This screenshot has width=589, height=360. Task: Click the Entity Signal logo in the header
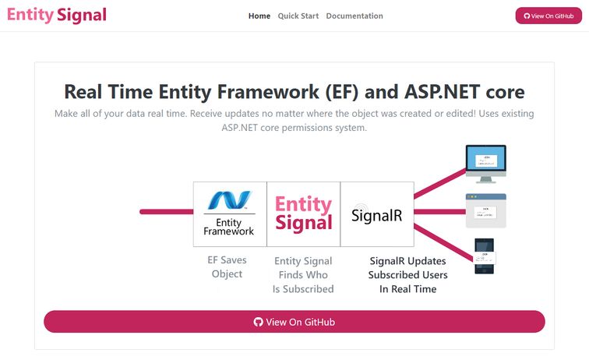coord(56,15)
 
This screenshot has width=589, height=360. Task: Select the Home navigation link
coord(259,16)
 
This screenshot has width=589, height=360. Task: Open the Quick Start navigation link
coord(298,16)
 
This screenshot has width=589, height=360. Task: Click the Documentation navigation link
coord(354,16)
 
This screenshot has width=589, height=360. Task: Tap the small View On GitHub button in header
coord(548,16)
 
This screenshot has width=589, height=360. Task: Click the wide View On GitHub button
coord(294,322)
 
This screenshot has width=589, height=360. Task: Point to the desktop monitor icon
coord(486,163)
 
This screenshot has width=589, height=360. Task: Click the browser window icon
coord(485,210)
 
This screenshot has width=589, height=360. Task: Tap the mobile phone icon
coord(485,256)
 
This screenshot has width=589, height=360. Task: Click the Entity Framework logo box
coord(230,214)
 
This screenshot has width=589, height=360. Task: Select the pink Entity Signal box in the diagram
coord(303,214)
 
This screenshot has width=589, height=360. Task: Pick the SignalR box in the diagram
coord(377,214)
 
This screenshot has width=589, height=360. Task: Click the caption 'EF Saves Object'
coord(227,267)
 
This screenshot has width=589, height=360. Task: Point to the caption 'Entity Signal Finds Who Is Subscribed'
coord(303,274)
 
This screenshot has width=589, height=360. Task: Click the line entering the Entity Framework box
coord(166,211)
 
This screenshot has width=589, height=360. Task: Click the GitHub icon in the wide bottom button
coord(259,322)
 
